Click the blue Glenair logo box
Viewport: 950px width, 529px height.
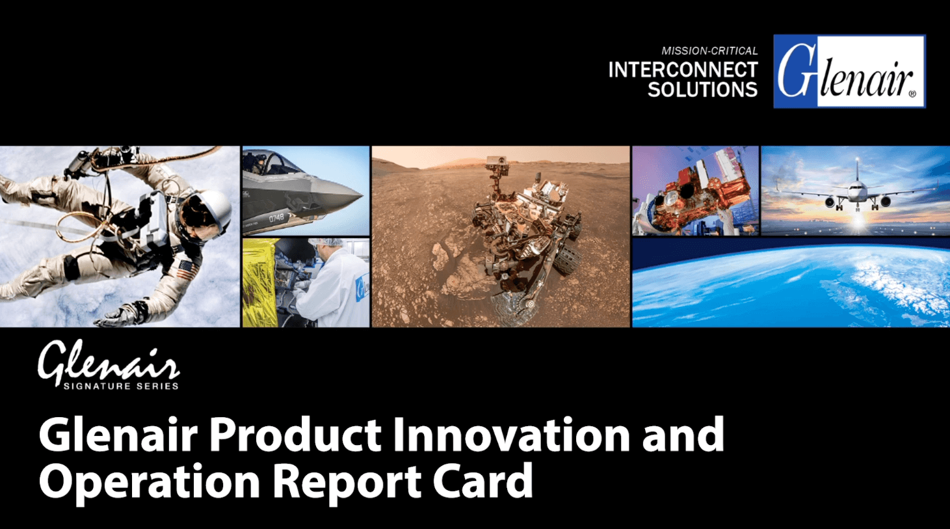point(849,72)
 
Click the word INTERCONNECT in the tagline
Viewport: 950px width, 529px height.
point(683,70)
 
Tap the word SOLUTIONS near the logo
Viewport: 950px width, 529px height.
point(702,89)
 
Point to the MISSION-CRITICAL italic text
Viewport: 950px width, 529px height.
point(709,51)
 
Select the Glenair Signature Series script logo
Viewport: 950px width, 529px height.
point(109,364)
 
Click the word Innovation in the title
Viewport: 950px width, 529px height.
point(511,435)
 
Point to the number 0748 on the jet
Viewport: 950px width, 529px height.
point(276,218)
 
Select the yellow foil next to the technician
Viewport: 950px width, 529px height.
point(259,282)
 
